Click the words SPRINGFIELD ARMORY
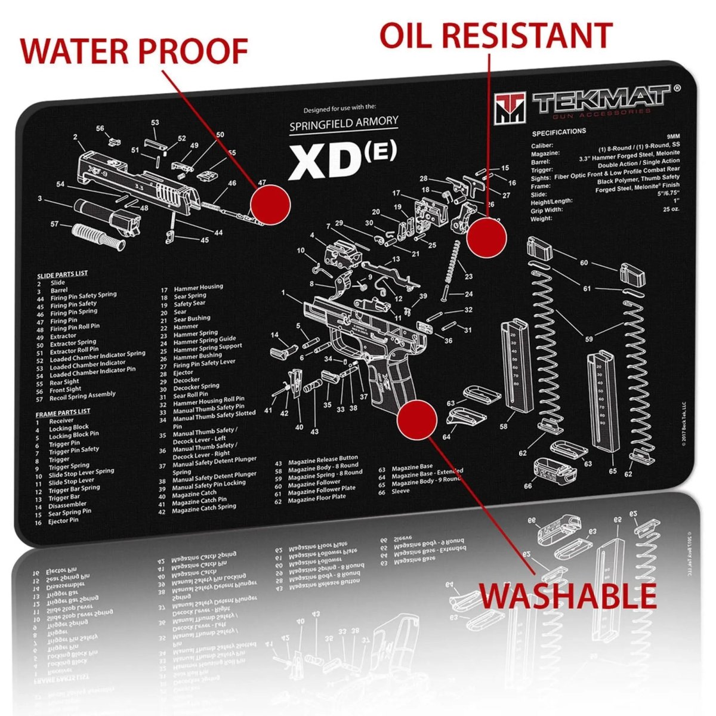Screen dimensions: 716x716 [351, 124]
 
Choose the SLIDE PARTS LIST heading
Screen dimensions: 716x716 [62, 274]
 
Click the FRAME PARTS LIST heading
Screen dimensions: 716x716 [63, 412]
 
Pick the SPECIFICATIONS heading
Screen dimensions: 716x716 [558, 132]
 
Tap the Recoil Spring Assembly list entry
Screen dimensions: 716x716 [82, 396]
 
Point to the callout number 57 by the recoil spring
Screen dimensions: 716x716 [55, 224]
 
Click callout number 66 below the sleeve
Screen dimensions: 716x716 [528, 486]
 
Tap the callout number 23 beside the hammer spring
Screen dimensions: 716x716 [469, 276]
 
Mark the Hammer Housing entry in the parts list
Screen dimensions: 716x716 [198, 288]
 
